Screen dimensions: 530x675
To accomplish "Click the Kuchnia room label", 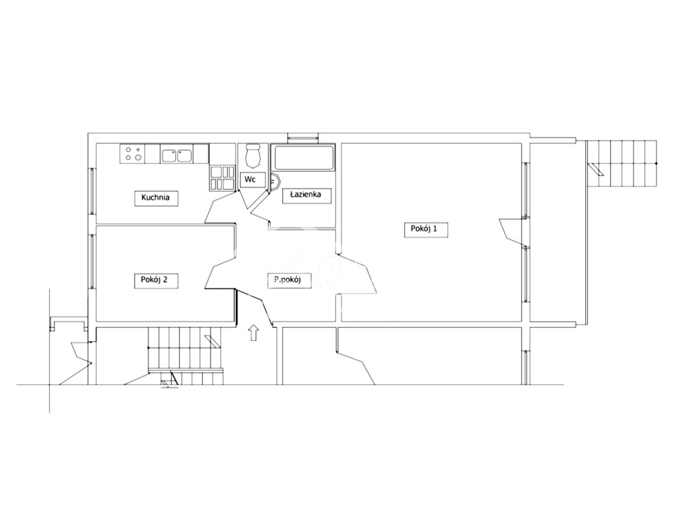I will click(155, 198).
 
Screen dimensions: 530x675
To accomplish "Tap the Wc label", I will click(250, 179).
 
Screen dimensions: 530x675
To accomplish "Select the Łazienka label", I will click(306, 195).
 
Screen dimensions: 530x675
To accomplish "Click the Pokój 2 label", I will click(154, 279).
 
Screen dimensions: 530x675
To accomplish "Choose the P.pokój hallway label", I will click(288, 279).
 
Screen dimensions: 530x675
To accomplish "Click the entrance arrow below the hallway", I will click(253, 333).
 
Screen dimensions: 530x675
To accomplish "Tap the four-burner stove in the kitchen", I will click(131, 153).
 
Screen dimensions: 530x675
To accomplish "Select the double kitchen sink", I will click(177, 155).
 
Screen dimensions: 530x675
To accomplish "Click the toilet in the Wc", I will click(253, 157).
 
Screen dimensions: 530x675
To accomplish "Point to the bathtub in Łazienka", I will click(303, 158).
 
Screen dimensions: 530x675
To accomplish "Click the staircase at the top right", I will click(621, 164).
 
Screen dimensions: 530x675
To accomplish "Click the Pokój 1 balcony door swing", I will click(512, 229).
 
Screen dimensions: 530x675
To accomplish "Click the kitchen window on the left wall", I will click(91, 190).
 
